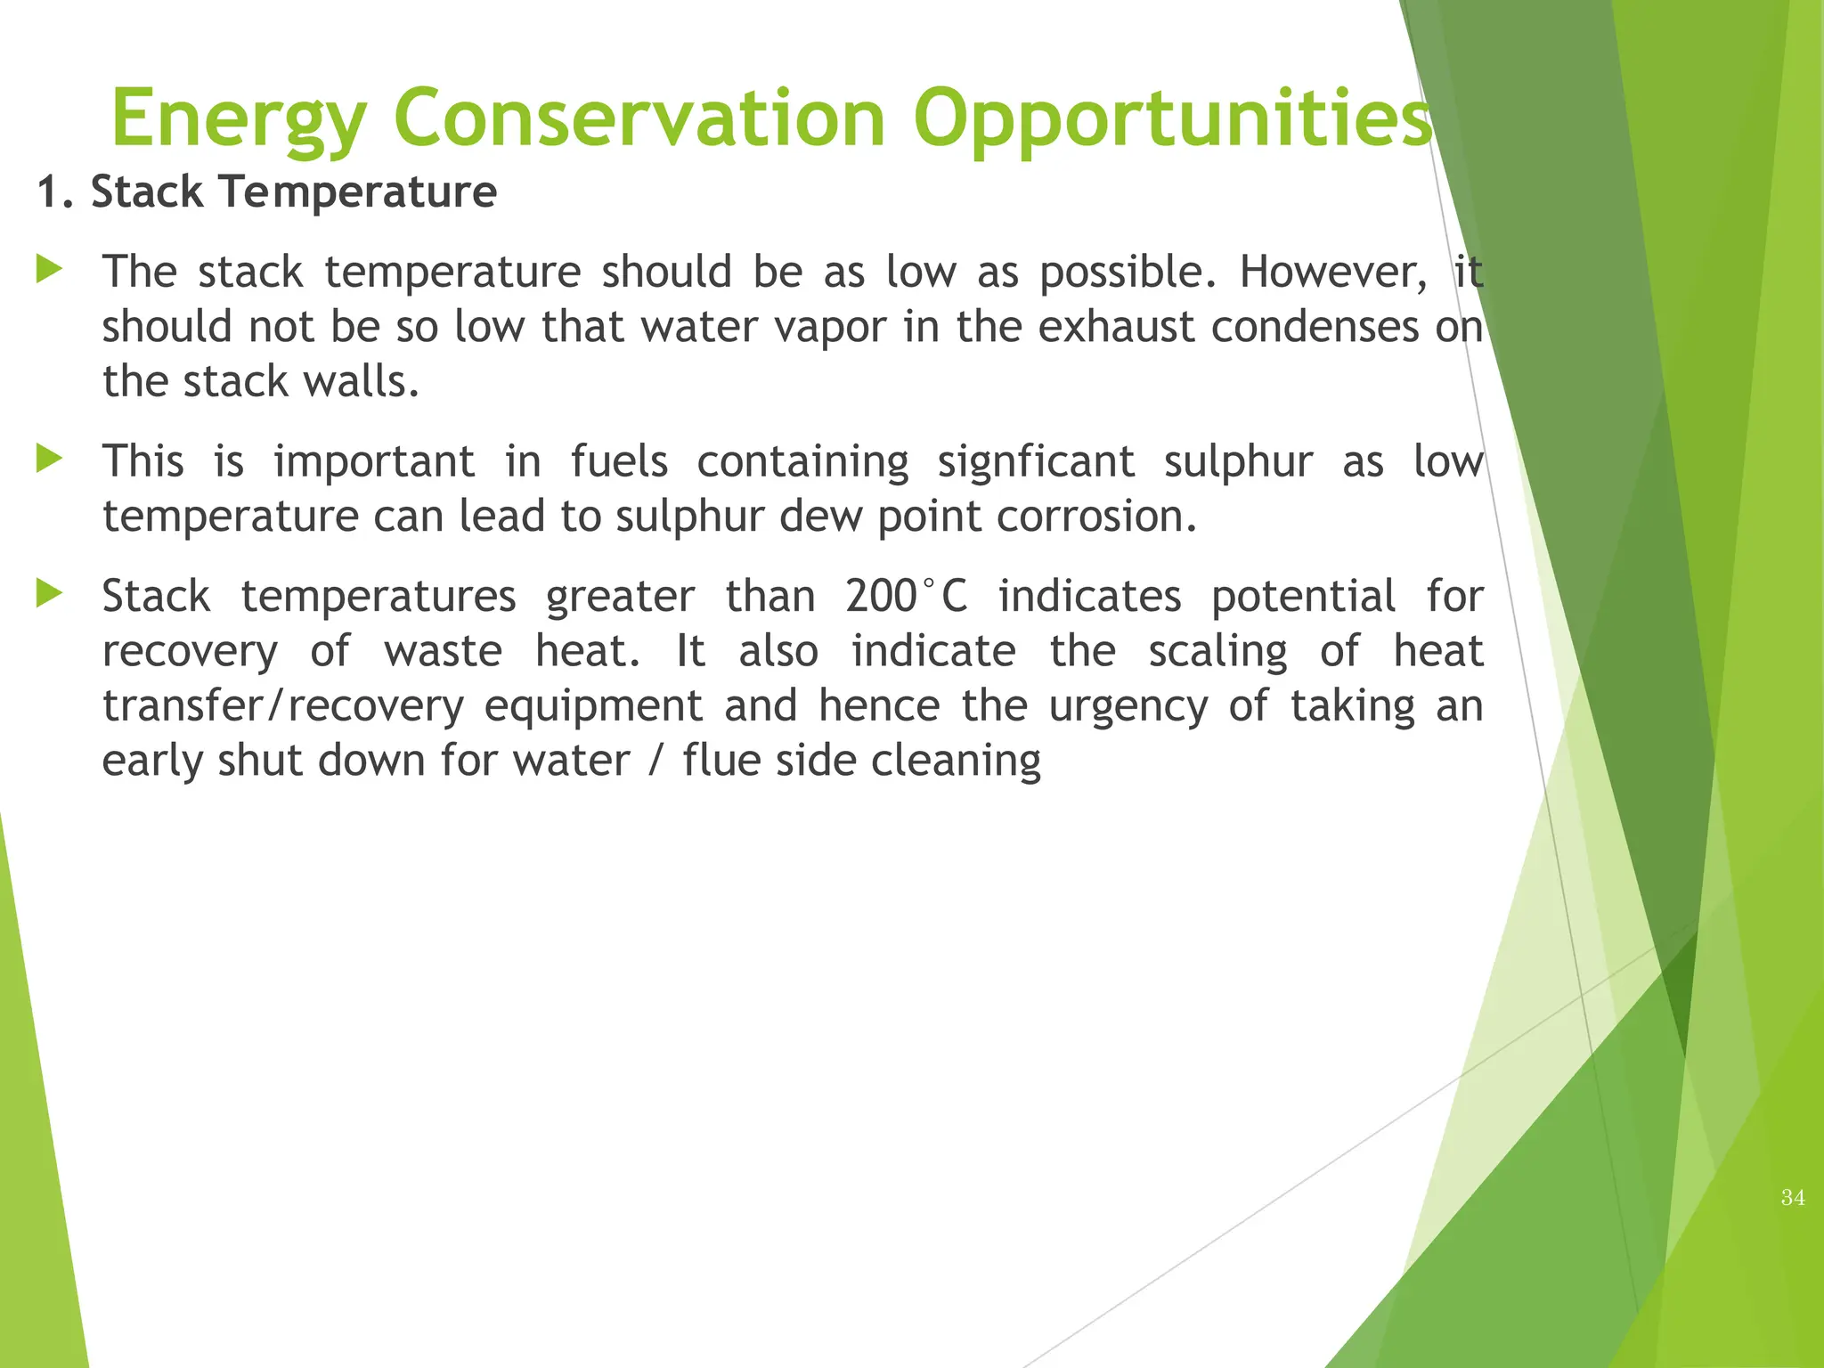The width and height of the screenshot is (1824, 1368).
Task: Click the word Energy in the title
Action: tap(239, 119)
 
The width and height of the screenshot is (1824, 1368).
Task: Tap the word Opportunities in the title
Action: tap(1172, 119)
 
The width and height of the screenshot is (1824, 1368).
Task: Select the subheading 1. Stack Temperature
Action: tap(267, 192)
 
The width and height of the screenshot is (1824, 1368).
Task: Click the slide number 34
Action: tap(1793, 1198)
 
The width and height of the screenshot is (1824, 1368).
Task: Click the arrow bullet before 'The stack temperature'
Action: tap(49, 269)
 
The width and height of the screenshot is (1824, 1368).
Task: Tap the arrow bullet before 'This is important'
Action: tap(49, 460)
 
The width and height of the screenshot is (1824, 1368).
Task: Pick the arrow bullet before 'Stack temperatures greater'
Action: tap(49, 594)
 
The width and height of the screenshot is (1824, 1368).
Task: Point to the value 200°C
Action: tap(906, 596)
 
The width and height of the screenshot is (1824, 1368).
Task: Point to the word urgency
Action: tap(1128, 707)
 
